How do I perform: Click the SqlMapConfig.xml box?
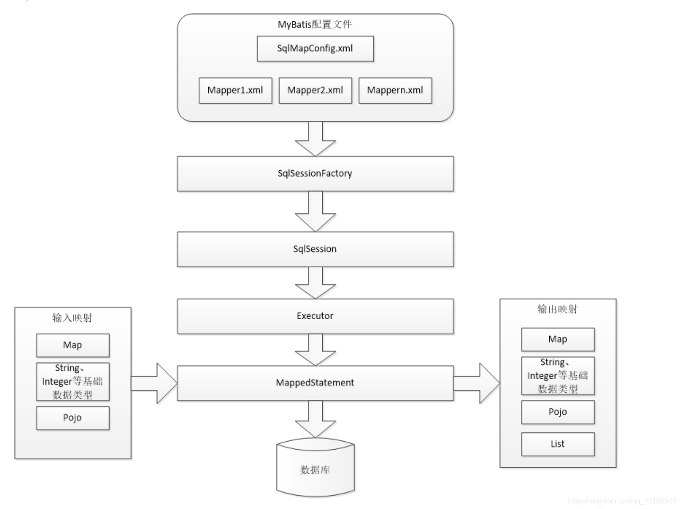tap(315, 49)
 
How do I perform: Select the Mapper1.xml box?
tap(235, 90)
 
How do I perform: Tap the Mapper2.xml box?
tap(315, 90)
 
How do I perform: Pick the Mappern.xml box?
tap(395, 90)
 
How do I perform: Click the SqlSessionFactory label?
tap(315, 173)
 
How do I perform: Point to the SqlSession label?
tap(315, 249)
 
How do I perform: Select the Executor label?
tap(315, 316)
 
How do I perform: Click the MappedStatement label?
tap(315, 383)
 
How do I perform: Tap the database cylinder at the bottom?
tap(315, 467)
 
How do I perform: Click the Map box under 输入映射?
tap(73, 345)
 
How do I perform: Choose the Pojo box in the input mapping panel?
tap(73, 418)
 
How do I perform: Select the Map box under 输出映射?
tap(558, 339)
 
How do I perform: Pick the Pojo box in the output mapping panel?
tap(558, 412)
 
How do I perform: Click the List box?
tap(558, 444)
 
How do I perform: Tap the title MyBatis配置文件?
tap(315, 24)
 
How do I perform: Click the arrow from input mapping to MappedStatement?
tap(154, 383)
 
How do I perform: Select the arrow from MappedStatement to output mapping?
tap(477, 383)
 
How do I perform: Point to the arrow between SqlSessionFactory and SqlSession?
tap(315, 211)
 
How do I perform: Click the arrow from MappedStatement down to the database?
tap(315, 419)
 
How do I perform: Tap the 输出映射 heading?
tap(557, 309)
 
